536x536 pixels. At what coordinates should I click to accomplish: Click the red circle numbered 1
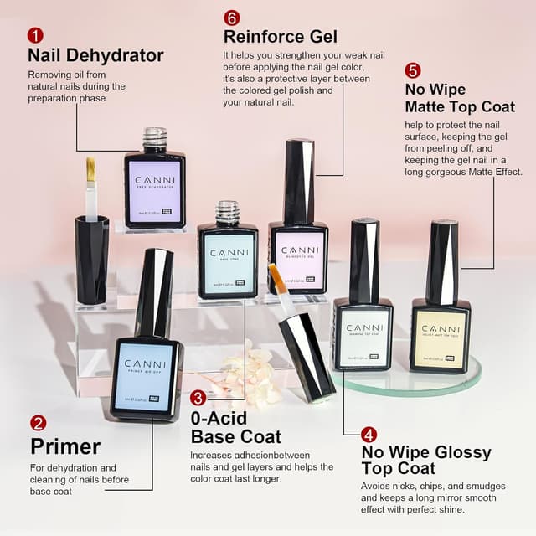click(x=35, y=35)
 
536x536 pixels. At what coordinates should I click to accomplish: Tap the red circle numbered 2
click(x=39, y=423)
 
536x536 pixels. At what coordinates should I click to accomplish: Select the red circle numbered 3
click(x=198, y=398)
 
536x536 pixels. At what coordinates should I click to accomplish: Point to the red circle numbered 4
click(x=369, y=435)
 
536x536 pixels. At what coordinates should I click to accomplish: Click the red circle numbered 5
click(x=413, y=70)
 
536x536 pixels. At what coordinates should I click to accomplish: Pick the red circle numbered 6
click(x=232, y=18)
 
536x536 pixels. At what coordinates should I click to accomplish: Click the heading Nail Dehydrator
click(x=95, y=56)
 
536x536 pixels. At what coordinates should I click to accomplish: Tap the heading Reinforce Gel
click(x=280, y=37)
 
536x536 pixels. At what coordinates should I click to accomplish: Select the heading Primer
click(x=65, y=446)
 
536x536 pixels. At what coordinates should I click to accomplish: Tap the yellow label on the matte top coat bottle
click(x=440, y=334)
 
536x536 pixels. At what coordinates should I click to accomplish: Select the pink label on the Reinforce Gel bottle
click(x=297, y=260)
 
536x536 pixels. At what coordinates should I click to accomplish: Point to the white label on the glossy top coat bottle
click(x=362, y=334)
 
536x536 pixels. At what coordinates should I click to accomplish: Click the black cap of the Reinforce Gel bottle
click(x=298, y=180)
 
